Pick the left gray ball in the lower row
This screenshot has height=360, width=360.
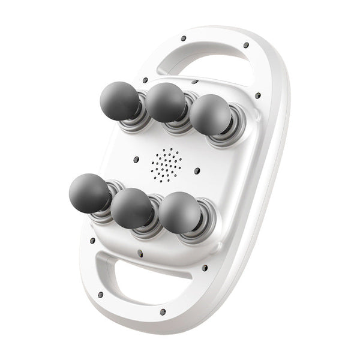click(x=88, y=191)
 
